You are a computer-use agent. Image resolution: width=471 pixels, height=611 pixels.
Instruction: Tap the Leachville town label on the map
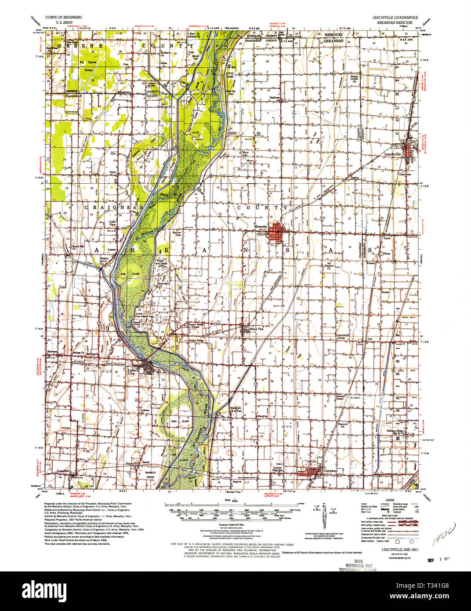[393, 155]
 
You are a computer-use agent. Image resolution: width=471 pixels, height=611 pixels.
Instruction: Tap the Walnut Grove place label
[104, 260]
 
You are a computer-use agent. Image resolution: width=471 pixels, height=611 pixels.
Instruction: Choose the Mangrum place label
[262, 415]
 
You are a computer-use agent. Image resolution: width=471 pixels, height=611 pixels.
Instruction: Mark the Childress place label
[275, 97]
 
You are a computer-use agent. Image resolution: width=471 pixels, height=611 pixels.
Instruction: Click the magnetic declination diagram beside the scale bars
[326, 514]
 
